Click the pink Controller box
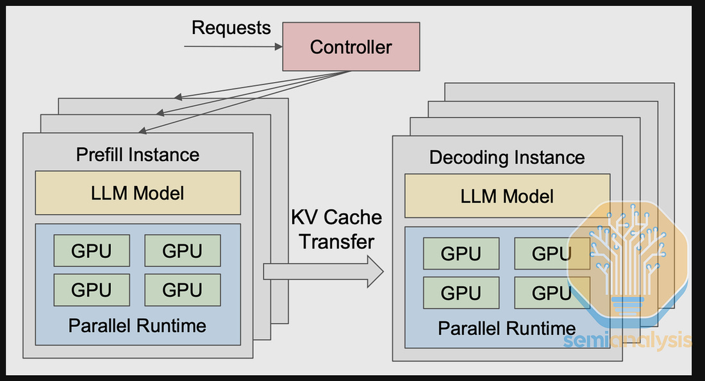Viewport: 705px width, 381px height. pos(351,46)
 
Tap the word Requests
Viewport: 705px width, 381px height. pos(231,28)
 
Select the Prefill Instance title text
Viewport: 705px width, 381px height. pos(138,155)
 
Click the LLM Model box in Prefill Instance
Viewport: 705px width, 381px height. pos(138,192)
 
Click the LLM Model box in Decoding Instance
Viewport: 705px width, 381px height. pos(507,196)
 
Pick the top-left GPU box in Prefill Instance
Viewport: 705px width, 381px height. pos(92,251)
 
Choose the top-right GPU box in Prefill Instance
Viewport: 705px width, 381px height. pos(183,251)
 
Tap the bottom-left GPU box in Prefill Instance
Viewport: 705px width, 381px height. pos(92,290)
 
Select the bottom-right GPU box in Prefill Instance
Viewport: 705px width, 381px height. pos(183,290)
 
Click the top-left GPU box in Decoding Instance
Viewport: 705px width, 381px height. pos(461,254)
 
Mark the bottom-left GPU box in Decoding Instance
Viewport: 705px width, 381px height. pos(461,293)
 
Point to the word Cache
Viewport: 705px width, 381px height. pos(352,217)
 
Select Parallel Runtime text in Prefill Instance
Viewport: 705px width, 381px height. pos(137,325)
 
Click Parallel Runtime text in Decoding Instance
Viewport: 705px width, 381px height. pos(506,328)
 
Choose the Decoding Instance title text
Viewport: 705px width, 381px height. pos(507,158)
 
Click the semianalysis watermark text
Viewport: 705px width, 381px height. pos(628,341)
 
